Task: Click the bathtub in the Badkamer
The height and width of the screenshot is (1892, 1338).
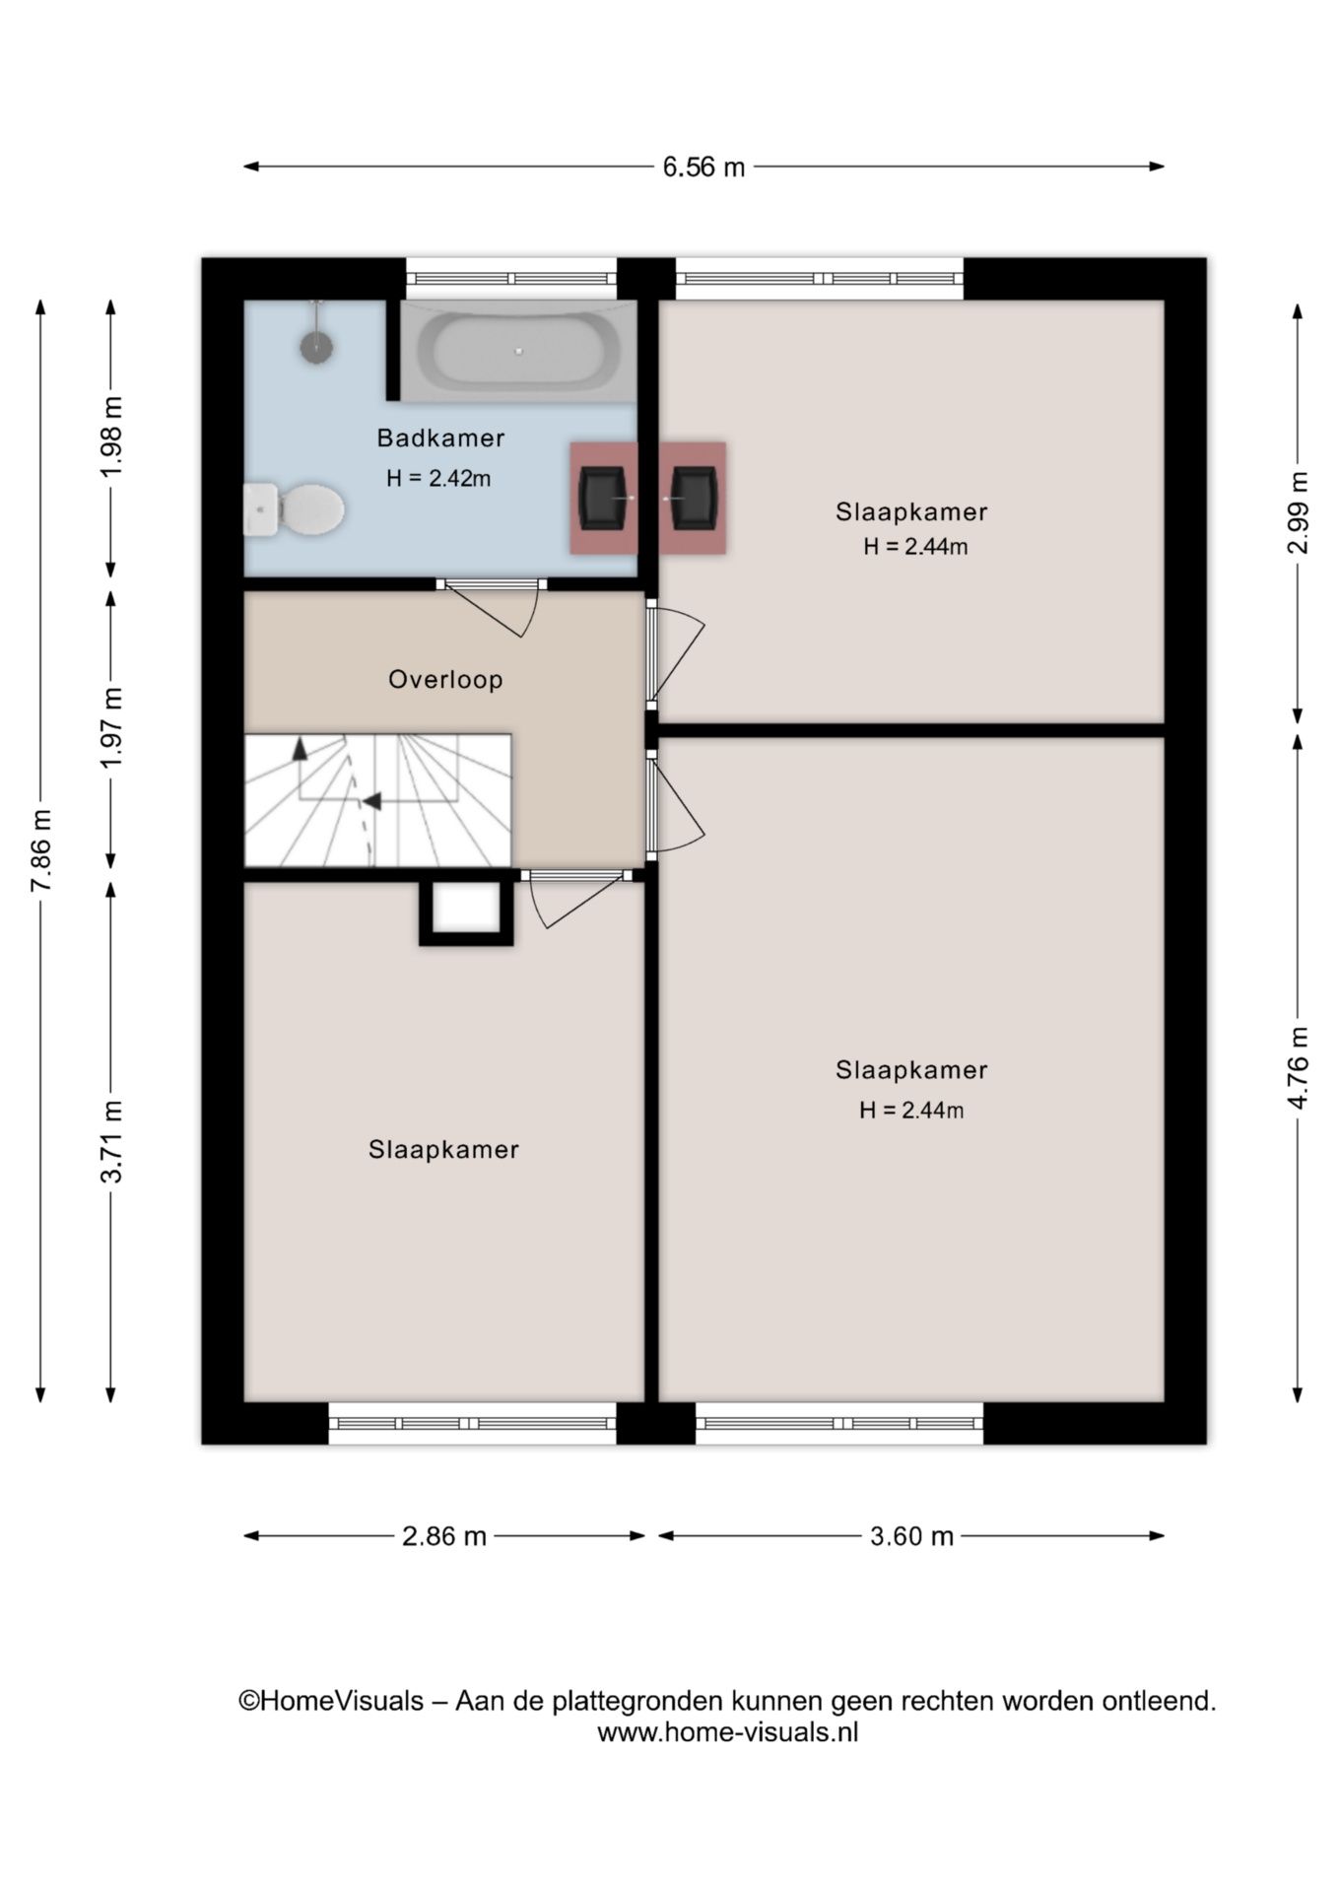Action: click(518, 351)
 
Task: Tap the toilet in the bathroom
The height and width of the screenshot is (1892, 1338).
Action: click(294, 509)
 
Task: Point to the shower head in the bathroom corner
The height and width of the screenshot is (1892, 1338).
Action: click(316, 346)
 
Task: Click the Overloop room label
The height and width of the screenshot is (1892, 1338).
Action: click(445, 679)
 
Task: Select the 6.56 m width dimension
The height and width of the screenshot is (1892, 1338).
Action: click(703, 167)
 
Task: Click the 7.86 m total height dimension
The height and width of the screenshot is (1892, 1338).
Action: click(40, 850)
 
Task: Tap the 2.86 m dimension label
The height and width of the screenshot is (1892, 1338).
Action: click(444, 1535)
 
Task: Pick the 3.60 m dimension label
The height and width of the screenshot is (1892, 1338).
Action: click(911, 1535)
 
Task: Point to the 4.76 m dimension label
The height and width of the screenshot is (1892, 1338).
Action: click(1298, 1067)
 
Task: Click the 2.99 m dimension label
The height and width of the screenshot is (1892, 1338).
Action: click(1298, 512)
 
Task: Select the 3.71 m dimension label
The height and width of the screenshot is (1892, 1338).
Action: click(111, 1140)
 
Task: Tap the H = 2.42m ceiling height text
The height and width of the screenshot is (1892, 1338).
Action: click(438, 479)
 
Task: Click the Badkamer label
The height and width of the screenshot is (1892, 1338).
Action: click(440, 438)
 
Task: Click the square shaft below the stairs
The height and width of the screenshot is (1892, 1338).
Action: click(466, 912)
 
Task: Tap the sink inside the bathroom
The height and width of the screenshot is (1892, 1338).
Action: click(604, 498)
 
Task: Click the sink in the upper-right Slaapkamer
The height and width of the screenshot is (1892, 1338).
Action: click(693, 498)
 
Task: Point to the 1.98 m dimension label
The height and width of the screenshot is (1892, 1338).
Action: click(111, 437)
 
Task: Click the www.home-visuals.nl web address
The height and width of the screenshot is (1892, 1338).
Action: click(728, 1731)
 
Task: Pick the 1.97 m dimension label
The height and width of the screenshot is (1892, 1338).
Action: click(111, 727)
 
